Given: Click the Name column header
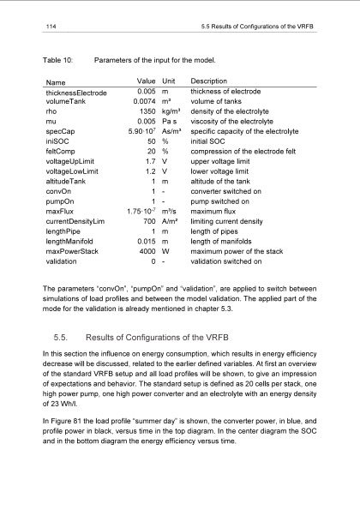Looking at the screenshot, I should [x=57, y=81].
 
